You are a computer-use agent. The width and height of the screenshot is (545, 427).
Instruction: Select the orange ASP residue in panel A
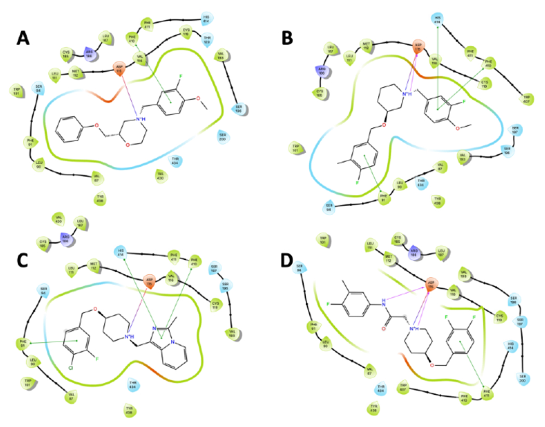point(120,68)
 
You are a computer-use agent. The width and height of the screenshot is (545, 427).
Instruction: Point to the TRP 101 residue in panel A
point(17,92)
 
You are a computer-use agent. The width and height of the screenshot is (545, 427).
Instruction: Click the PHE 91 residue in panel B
point(384,199)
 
